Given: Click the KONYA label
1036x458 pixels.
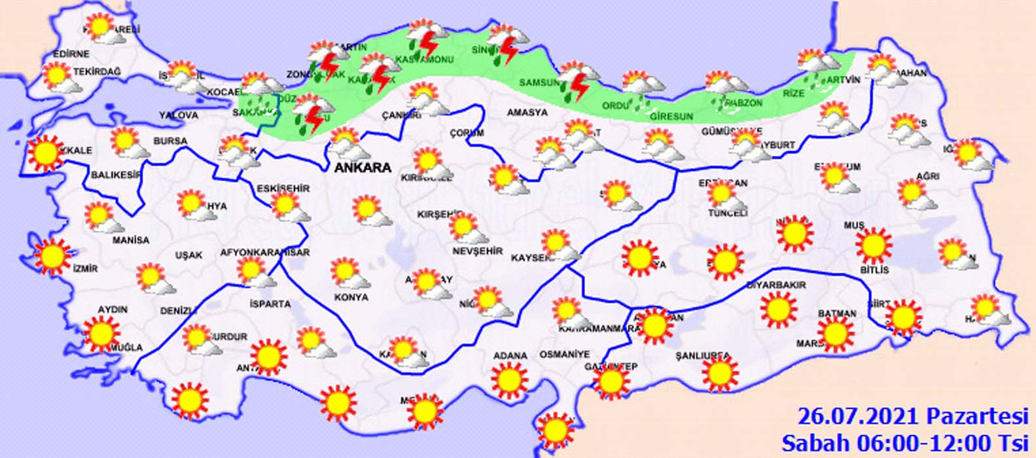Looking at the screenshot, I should click(351, 297).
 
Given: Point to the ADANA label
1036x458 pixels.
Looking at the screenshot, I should click(510, 356).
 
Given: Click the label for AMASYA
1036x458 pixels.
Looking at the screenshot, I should click(527, 113).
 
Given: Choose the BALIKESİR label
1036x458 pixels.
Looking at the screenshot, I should click(116, 175).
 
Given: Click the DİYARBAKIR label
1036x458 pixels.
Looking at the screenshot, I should click(776, 285).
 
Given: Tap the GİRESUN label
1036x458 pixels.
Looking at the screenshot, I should click(671, 116).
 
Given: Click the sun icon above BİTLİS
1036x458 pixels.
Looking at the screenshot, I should click(873, 245).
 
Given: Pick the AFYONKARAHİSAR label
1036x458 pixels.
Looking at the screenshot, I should click(264, 253).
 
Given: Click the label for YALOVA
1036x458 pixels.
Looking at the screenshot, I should click(178, 115).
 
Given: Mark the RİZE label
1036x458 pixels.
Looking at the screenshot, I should click(793, 94).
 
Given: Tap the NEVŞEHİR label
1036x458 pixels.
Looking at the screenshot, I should click(477, 251).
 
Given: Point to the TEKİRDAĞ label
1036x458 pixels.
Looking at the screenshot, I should click(98, 71).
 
